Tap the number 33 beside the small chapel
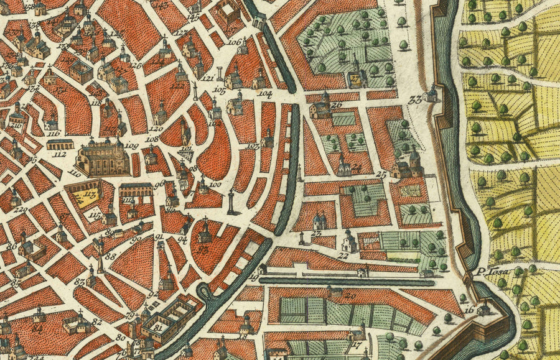414,100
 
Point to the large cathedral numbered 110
103,157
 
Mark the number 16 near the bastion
469,309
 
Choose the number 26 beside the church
337,105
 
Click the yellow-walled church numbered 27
356,78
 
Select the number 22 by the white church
342,254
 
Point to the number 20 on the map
350,296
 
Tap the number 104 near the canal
265,93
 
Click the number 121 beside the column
208,79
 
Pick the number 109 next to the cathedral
131,146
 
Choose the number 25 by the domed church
381,175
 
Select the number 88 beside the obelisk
110,256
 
